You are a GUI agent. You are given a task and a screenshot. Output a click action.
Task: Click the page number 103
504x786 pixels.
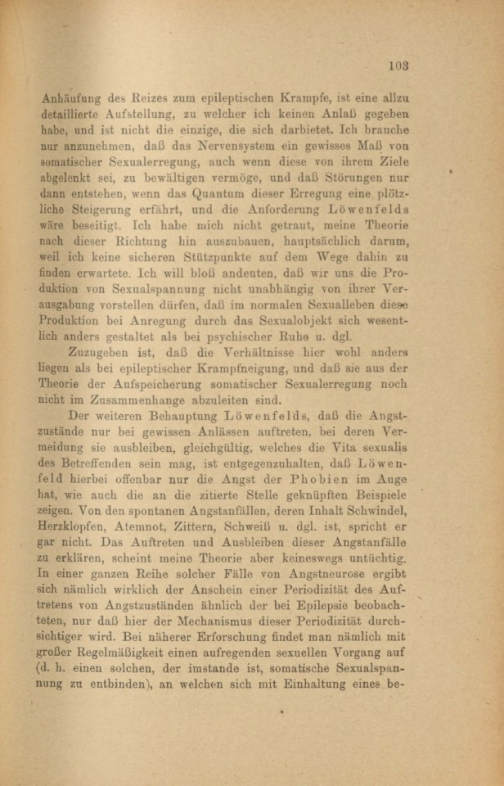click(x=398, y=65)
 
